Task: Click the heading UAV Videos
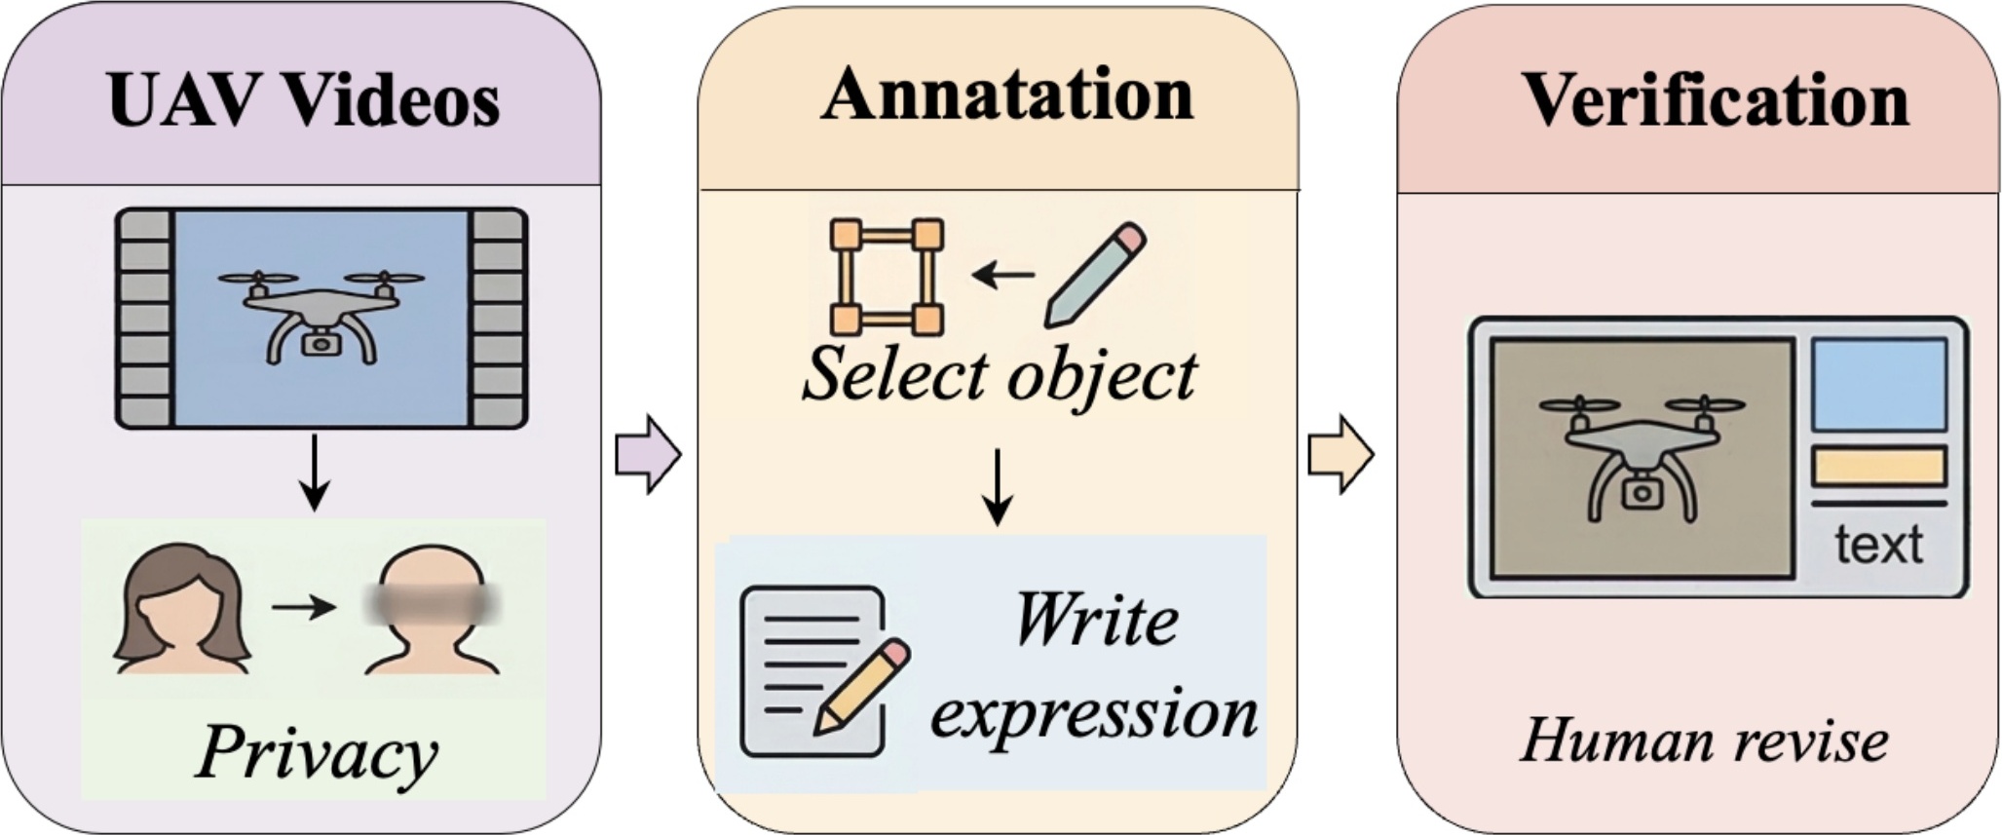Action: (x=304, y=100)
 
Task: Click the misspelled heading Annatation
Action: (x=1007, y=95)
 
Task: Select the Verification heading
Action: (x=1715, y=100)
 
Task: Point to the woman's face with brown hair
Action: (x=181, y=610)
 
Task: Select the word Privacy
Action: (x=317, y=753)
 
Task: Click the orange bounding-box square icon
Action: (x=887, y=277)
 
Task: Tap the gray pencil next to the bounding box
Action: (x=1095, y=275)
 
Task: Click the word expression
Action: (x=1093, y=712)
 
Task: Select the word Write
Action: (x=1096, y=621)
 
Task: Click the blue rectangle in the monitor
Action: (x=1878, y=385)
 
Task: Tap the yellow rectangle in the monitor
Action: (x=1878, y=467)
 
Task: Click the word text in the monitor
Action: (x=1878, y=544)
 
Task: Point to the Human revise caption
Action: (x=1704, y=741)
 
